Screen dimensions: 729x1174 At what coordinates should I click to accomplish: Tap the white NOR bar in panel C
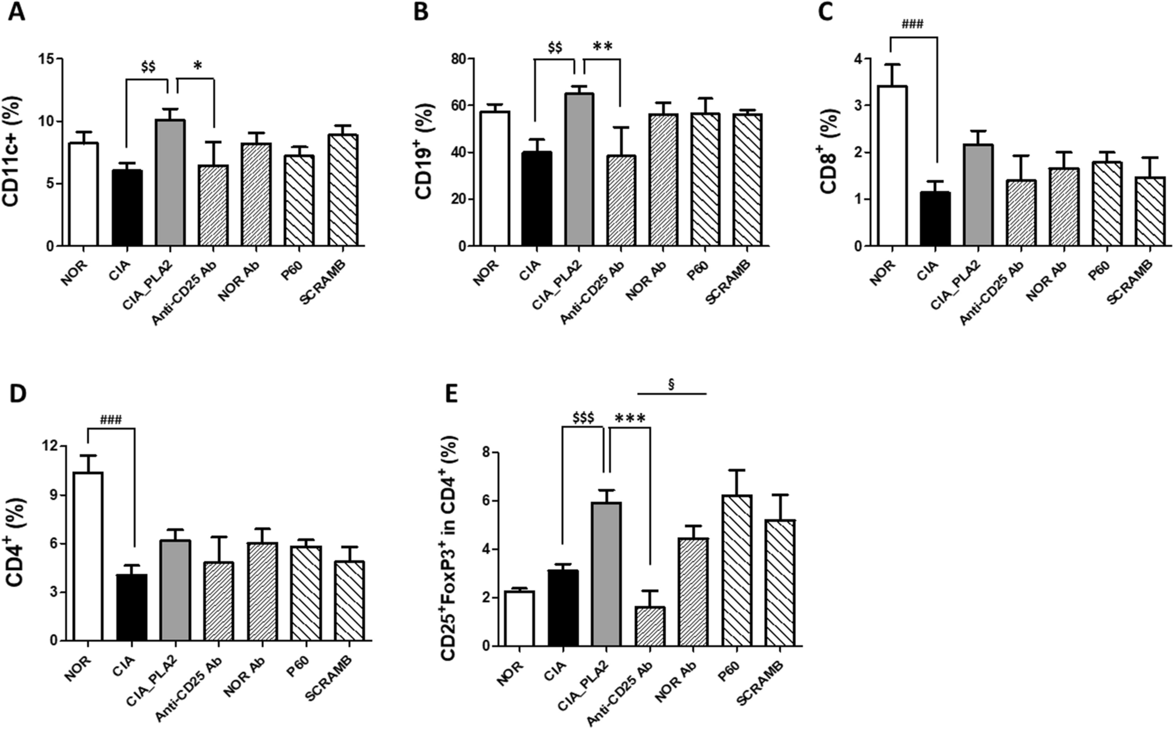pyautogui.click(x=892, y=166)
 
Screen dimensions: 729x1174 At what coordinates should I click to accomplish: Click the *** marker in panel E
pyautogui.click(x=630, y=420)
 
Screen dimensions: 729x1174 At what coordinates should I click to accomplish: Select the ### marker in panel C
pyautogui.click(x=912, y=24)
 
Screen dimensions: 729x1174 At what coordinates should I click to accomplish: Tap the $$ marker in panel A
pyautogui.click(x=148, y=67)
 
